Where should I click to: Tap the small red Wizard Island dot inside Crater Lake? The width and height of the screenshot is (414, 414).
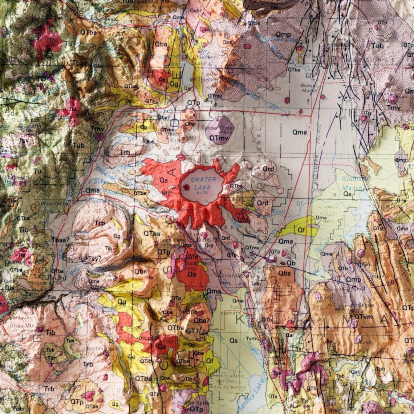coord(187,187)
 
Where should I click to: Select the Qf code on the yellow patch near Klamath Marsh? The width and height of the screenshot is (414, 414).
coord(301,230)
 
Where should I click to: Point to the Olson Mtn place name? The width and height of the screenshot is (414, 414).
coord(24,325)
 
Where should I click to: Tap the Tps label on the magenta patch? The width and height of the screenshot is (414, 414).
coord(276,373)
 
